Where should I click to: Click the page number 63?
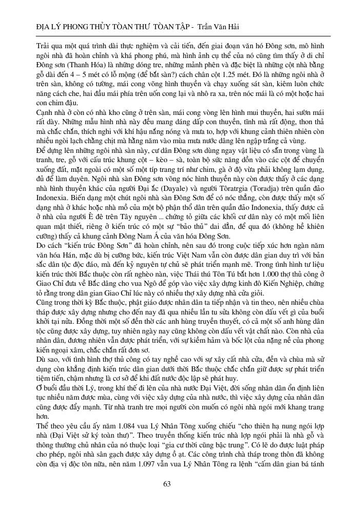click(167, 484)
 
